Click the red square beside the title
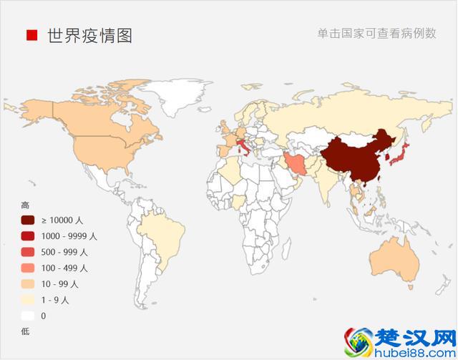pyautogui.click(x=31, y=35)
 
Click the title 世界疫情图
pyautogui.click(x=89, y=35)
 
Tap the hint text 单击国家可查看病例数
pyautogui.click(x=376, y=34)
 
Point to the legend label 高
pyautogui.click(x=25, y=205)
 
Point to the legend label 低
pyautogui.click(x=25, y=331)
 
